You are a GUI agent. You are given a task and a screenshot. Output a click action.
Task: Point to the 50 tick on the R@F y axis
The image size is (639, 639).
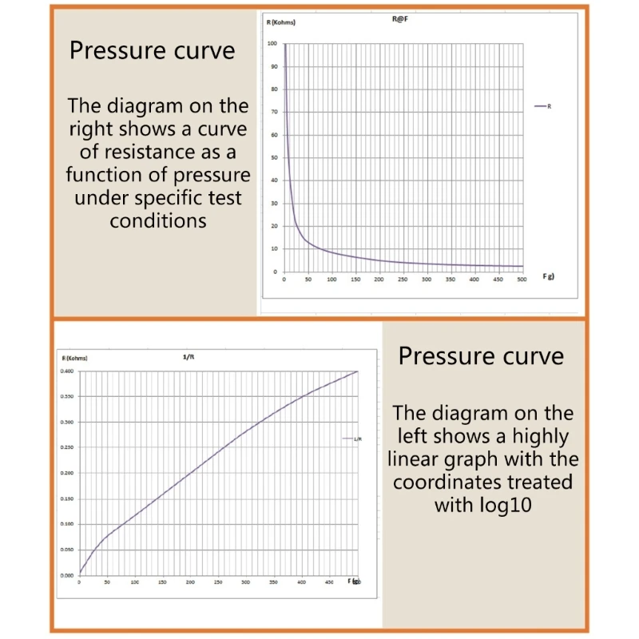pos(273,157)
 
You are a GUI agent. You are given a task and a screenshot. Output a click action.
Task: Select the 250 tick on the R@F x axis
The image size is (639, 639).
pos(403,279)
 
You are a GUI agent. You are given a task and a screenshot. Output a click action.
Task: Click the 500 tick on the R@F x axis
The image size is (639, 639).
pos(522,279)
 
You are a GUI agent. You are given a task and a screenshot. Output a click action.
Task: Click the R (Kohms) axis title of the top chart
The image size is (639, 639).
pos(281,22)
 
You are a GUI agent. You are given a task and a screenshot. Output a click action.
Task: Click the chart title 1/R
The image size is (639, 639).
pos(189,357)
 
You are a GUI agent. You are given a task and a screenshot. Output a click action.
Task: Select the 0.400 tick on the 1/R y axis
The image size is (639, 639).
pos(67,371)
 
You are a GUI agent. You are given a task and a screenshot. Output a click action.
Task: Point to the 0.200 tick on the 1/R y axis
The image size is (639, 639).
pos(67,473)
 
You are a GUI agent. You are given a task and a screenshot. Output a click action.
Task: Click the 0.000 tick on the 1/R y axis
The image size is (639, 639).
pos(67,575)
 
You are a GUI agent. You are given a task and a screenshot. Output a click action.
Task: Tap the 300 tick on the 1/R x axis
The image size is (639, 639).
pos(245,582)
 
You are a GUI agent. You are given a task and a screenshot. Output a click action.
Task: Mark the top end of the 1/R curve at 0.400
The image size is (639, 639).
pos(357,371)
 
